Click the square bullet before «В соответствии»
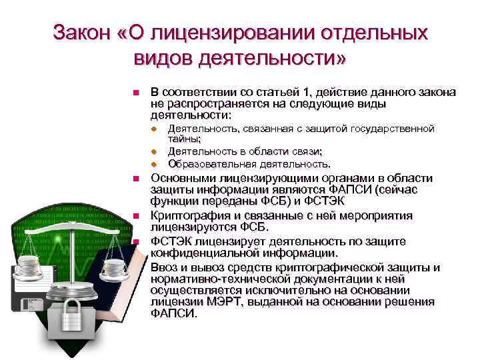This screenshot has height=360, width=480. click(135, 93)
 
